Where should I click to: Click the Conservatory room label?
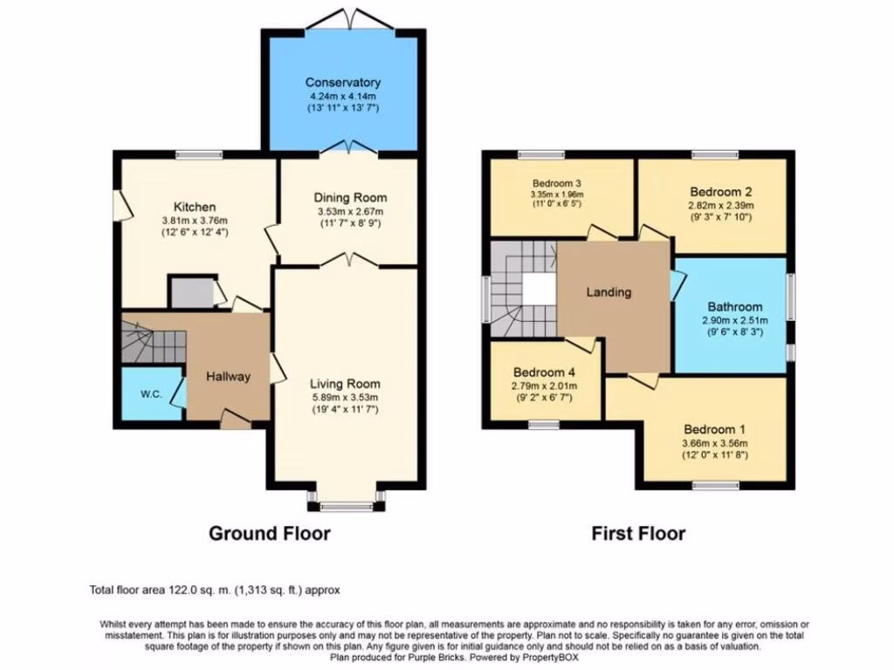tap(342, 83)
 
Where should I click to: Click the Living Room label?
tap(346, 383)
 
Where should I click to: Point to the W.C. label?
tap(151, 393)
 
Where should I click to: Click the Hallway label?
tap(228, 377)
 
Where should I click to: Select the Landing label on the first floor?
tap(609, 292)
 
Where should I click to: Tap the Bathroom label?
tap(734, 307)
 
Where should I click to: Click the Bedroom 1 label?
tap(715, 429)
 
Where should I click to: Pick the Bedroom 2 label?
tap(721, 192)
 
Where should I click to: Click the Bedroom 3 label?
tap(557, 183)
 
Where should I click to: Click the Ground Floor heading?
tap(269, 533)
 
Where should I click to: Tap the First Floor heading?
tap(638, 533)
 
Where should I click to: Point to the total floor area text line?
tap(215, 591)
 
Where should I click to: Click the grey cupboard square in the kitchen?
tap(189, 293)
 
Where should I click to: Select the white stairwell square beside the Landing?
tap(538, 291)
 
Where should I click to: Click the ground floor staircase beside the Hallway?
tap(153, 341)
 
